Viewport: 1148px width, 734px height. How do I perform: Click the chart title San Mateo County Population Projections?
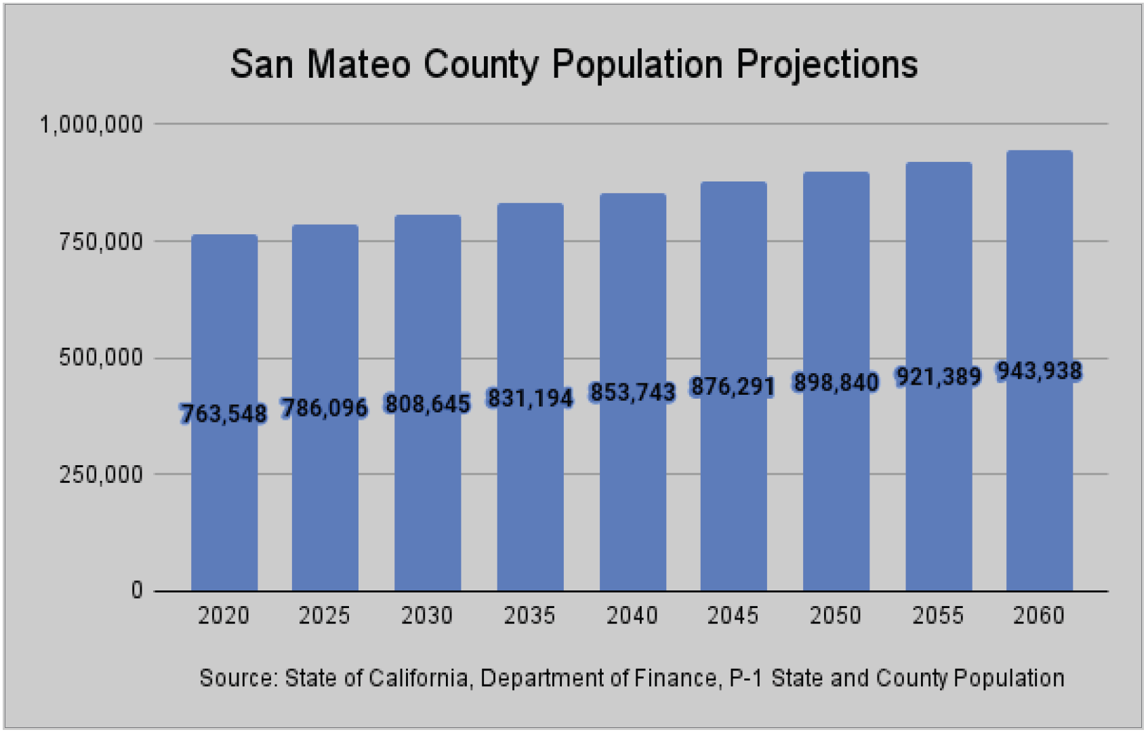pos(574,64)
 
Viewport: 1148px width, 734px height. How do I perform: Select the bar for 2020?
pos(224,413)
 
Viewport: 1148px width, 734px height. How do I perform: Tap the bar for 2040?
pos(633,392)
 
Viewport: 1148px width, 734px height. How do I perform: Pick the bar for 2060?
pos(1040,371)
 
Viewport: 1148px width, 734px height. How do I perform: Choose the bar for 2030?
pos(428,403)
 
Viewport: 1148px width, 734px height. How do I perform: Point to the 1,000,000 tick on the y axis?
pos(91,125)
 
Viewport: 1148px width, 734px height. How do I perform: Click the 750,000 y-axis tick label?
pos(101,241)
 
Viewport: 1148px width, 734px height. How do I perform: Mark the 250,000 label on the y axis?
pos(101,475)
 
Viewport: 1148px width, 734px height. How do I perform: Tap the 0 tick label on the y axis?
pos(137,590)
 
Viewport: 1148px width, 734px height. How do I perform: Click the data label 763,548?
pos(224,413)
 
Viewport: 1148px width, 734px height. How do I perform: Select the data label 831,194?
pos(530,398)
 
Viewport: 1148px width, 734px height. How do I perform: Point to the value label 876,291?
pos(733,386)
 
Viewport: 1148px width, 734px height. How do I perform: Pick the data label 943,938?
pos(1039,371)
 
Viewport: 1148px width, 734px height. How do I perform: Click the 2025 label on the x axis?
pos(325,616)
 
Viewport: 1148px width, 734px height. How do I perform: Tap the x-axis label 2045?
pos(733,616)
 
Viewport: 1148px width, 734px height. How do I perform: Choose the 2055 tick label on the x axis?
pos(938,616)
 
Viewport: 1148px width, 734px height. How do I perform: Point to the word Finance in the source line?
pos(676,678)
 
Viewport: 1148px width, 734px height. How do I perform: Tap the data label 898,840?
pos(836,382)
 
